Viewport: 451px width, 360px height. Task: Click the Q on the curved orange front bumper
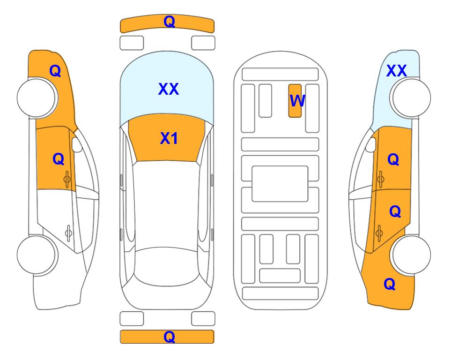[169, 22]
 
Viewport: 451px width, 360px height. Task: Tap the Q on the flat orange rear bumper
[169, 337]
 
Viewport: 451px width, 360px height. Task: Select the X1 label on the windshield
[169, 138]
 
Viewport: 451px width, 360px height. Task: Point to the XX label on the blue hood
[169, 89]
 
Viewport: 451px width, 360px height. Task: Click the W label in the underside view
[297, 101]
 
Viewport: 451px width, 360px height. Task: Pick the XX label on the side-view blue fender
[397, 71]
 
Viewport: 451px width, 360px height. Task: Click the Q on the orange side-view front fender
[55, 71]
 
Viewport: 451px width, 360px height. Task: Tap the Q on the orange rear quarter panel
[390, 284]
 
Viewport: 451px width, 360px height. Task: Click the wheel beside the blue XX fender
[410, 98]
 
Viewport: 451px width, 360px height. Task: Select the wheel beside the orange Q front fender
[37, 98]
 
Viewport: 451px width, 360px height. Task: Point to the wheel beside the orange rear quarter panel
[410, 255]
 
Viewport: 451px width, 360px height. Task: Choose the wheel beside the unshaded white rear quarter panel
[37, 255]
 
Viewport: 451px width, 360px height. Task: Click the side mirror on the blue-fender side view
[370, 144]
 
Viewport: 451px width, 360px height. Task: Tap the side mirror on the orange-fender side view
[77, 144]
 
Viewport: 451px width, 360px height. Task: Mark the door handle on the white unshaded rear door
[68, 233]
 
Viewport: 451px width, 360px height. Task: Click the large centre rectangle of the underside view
[280, 184]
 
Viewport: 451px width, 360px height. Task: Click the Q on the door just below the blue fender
[393, 159]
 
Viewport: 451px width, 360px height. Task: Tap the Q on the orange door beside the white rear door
[59, 159]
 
